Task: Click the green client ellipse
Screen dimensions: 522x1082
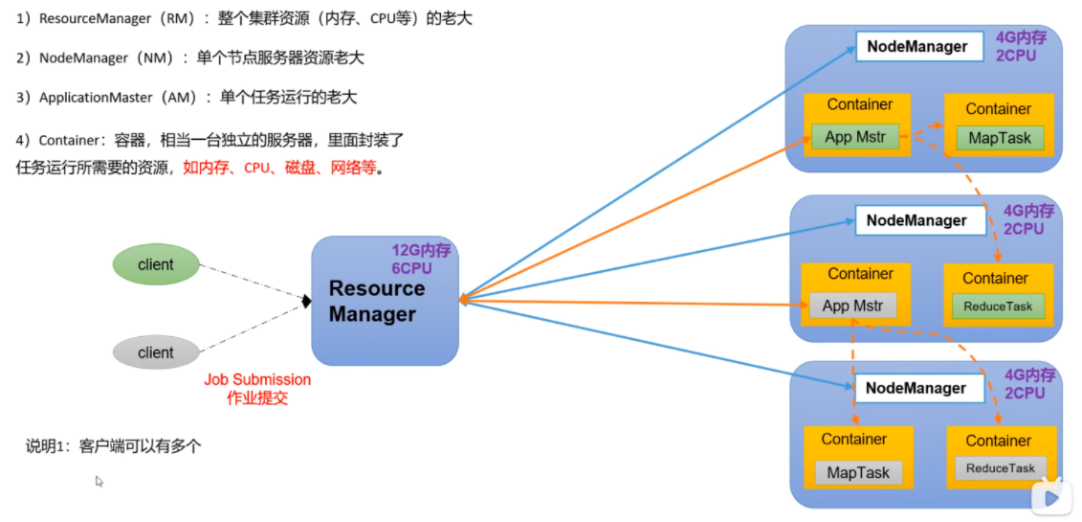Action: [155, 265]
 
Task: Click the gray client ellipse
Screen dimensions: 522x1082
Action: [155, 352]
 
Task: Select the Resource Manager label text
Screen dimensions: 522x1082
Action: [376, 301]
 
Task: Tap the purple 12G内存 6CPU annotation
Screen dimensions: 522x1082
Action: [421, 260]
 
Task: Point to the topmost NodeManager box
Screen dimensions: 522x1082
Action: [916, 46]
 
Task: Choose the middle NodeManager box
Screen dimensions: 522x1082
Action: [916, 220]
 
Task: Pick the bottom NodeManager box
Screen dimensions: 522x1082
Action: [916, 388]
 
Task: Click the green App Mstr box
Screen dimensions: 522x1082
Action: [854, 137]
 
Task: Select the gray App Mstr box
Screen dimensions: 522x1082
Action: [852, 306]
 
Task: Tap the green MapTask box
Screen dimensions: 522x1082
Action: [999, 138]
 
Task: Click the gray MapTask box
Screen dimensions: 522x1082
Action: [858, 472]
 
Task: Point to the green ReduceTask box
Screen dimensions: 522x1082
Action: [997, 306]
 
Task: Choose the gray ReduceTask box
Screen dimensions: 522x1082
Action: [1000, 468]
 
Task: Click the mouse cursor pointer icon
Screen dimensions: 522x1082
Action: [99, 481]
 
